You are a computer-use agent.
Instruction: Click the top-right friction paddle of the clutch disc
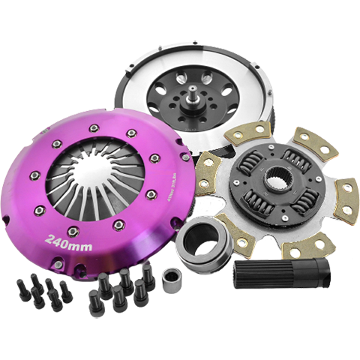307,140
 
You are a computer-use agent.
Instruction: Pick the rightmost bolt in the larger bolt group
149,281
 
